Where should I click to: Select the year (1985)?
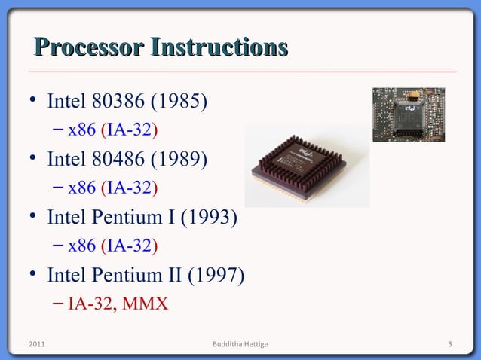click(x=180, y=101)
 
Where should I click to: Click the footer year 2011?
click(x=35, y=345)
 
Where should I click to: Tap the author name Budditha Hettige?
click(x=240, y=345)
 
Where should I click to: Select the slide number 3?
click(x=449, y=345)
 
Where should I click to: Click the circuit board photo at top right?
click(x=408, y=114)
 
